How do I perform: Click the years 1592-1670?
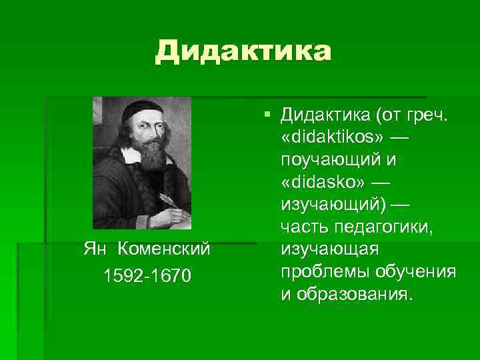(147, 274)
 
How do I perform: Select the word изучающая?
(330, 250)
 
